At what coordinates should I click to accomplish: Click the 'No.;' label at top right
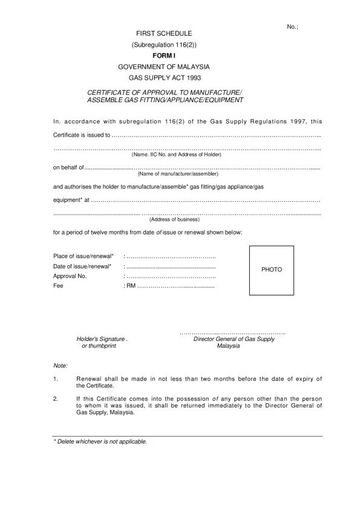pyautogui.click(x=293, y=27)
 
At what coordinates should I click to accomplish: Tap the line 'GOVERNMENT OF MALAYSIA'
pyautogui.click(x=165, y=66)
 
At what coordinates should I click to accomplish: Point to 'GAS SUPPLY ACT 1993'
pyautogui.click(x=165, y=78)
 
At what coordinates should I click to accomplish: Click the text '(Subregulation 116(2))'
pyautogui.click(x=165, y=45)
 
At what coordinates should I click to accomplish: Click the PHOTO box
pyautogui.click(x=272, y=270)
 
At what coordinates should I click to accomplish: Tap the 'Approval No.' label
pyautogui.click(x=70, y=276)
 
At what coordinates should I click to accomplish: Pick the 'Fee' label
pyautogui.click(x=58, y=286)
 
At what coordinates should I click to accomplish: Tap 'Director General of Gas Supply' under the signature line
pyautogui.click(x=234, y=340)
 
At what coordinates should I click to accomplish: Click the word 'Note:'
pyautogui.click(x=61, y=366)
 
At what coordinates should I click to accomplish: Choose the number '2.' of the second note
pyautogui.click(x=56, y=399)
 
